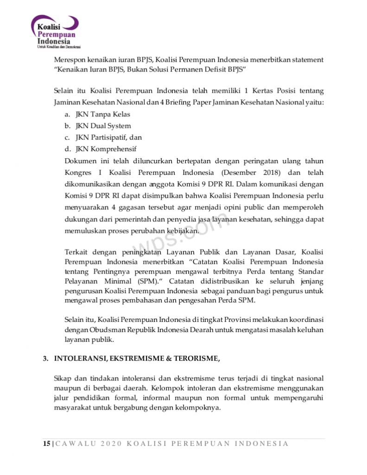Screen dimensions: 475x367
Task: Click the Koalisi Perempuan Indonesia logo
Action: coord(55,32)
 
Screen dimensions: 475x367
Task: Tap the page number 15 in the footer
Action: coord(46,443)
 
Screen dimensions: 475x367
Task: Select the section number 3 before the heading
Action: coord(45,358)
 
